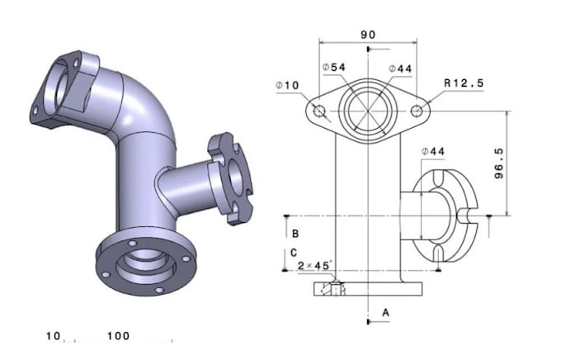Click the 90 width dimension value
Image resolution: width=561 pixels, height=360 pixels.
[x=368, y=35]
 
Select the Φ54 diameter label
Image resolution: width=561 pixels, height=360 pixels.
[x=333, y=67]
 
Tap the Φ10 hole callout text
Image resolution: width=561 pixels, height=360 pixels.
[x=287, y=85]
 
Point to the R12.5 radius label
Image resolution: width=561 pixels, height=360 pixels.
[x=463, y=83]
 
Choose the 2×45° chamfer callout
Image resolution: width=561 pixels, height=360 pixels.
[x=314, y=266]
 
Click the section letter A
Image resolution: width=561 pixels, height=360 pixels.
[x=384, y=311]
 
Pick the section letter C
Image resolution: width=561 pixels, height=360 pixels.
[x=295, y=253]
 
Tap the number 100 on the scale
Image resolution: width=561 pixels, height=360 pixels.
[x=119, y=336]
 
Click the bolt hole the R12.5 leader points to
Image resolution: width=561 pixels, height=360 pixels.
[x=417, y=110]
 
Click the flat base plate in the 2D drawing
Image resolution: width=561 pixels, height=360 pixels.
[x=368, y=288]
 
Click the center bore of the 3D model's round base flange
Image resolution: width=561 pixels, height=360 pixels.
[x=142, y=264]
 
